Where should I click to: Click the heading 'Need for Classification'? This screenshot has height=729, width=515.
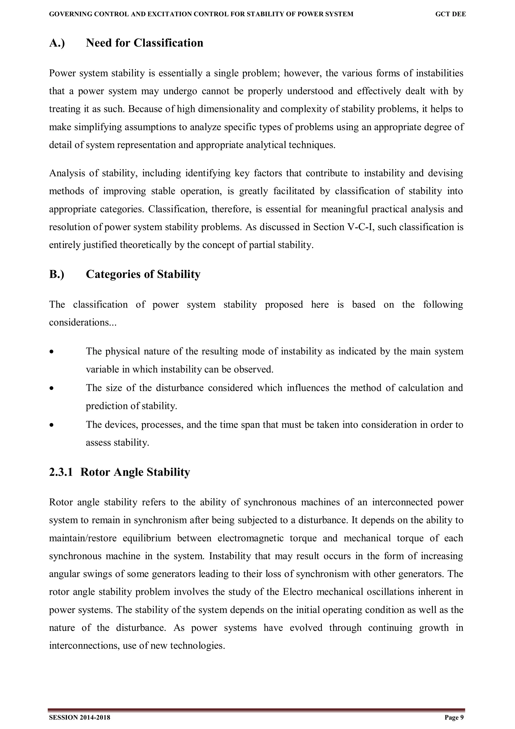pyautogui.click(x=144, y=43)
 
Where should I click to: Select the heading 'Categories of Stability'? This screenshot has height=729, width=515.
pyautogui.click(x=143, y=274)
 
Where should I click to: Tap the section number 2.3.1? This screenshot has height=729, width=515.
pyautogui.click(x=61, y=472)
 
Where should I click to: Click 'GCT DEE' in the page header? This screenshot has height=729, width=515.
pyautogui.click(x=450, y=14)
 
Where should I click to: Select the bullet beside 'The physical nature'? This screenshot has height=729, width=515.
pyautogui.click(x=51, y=352)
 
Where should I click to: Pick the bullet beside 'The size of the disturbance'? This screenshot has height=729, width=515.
pyautogui.click(x=51, y=388)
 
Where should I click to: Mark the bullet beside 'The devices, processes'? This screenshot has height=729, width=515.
pyautogui.click(x=51, y=425)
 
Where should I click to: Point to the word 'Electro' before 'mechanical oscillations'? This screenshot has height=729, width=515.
pyautogui.click(x=298, y=592)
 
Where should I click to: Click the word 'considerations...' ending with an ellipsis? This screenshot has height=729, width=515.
pyautogui.click(x=83, y=322)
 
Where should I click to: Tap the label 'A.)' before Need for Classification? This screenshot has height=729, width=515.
pyautogui.click(x=57, y=43)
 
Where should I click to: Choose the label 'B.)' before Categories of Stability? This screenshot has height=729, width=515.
pyautogui.click(x=57, y=274)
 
